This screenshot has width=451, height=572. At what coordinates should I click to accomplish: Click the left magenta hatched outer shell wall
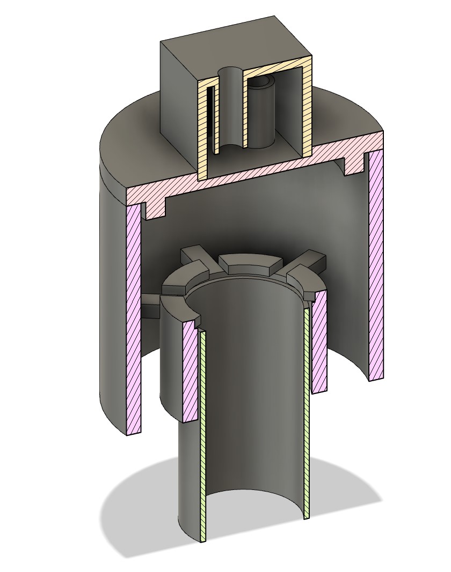133,322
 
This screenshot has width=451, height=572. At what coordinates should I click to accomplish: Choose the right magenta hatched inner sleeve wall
319,343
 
